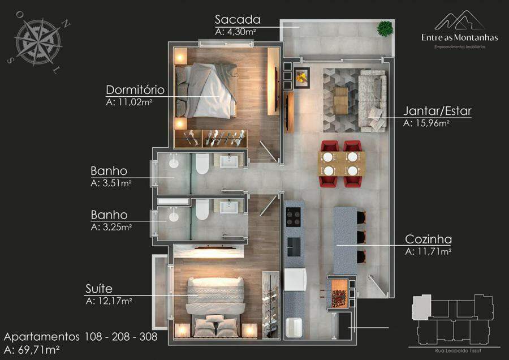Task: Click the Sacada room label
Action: coord(238,20)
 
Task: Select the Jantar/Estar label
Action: coord(437,111)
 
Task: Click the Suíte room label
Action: coord(99,289)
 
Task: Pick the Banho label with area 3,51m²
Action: coord(109,172)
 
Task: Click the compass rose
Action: coord(38,41)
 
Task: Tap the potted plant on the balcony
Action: coord(385,29)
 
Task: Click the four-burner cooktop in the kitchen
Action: coord(293,217)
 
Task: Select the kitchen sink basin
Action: coord(294,247)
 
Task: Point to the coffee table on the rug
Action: coord(341,100)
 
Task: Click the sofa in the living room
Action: coord(373,101)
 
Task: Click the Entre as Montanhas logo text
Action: coord(460,38)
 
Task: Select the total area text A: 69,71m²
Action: coord(32,350)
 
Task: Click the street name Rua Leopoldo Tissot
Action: coord(458,350)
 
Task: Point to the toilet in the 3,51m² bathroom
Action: coord(202,164)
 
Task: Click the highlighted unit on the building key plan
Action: coord(421,307)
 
